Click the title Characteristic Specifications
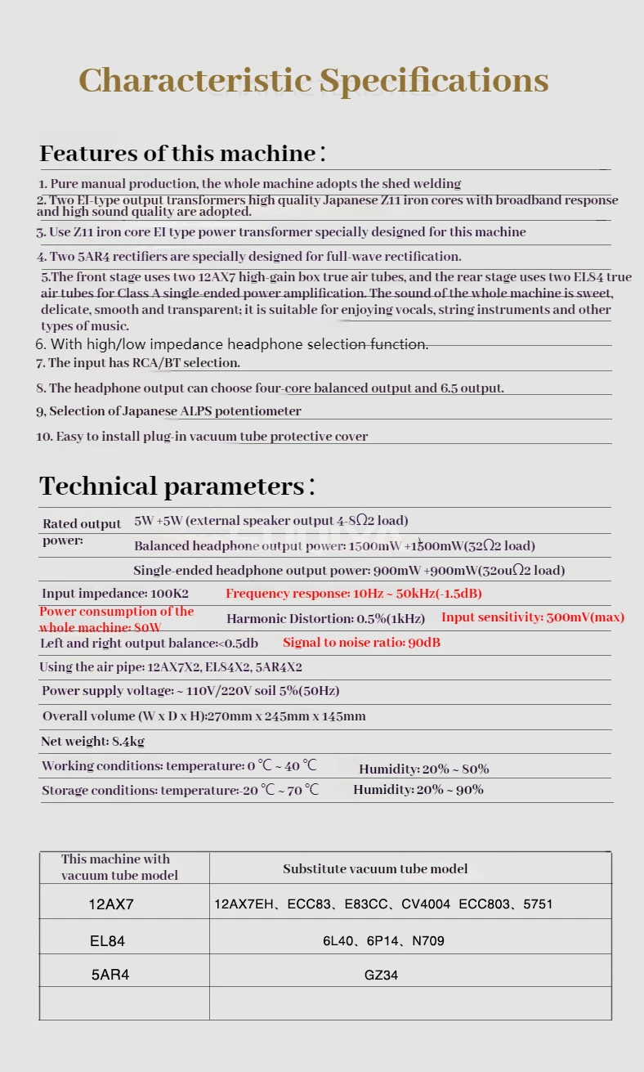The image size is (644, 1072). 313,80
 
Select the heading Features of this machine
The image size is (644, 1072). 182,153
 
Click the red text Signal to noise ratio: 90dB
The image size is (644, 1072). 361,643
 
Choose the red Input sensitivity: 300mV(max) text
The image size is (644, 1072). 533,617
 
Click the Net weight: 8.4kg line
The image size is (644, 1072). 92,742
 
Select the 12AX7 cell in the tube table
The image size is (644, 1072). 111,905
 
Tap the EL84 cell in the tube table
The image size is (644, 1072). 108,941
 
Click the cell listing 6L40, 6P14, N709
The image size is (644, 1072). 383,941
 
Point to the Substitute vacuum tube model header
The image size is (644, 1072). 375,868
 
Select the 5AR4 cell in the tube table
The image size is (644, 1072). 110,975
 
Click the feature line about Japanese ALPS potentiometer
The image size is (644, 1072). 169,411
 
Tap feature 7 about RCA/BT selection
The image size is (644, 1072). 138,362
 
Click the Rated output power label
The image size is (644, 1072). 82,532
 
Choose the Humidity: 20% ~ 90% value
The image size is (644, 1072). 418,790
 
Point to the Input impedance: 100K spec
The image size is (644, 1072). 115,594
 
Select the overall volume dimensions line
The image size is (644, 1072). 204,716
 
